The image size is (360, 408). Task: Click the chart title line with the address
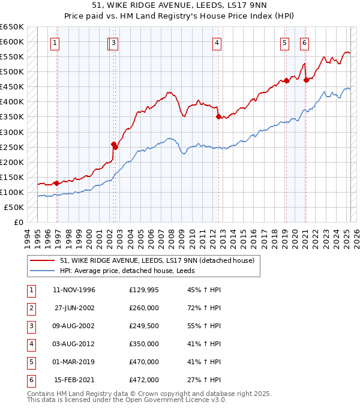click(x=179, y=7)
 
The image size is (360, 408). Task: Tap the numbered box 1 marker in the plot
click(x=55, y=43)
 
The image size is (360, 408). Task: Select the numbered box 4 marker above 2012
click(x=217, y=43)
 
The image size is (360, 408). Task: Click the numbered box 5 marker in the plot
click(x=284, y=43)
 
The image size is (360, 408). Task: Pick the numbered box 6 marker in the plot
click(x=305, y=43)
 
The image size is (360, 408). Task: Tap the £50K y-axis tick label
click(x=14, y=207)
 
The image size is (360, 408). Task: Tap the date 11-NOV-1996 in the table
click(x=74, y=290)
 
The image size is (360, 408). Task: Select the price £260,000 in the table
click(x=144, y=308)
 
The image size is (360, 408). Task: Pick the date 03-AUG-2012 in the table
click(x=74, y=344)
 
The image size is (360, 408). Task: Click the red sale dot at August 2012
click(x=218, y=116)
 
